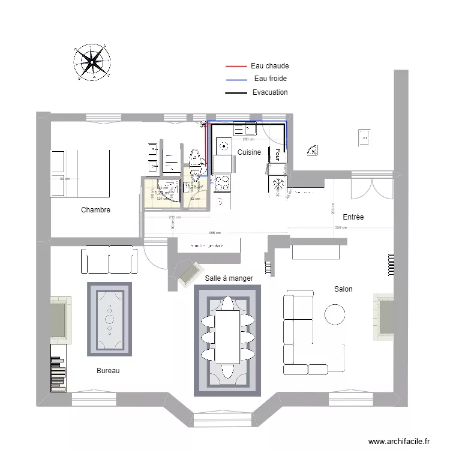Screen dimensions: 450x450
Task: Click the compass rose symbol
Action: click(92, 62)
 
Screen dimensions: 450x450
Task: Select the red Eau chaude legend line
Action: click(236, 66)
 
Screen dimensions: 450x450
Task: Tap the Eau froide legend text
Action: click(270, 79)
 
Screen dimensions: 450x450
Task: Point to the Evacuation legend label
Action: click(270, 92)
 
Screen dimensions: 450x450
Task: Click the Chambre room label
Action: click(95, 210)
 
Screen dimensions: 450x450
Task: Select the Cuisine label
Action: click(249, 152)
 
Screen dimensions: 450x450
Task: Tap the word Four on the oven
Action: click(278, 155)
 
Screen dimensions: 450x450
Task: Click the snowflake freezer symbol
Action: click(278, 184)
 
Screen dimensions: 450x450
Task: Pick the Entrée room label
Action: click(353, 217)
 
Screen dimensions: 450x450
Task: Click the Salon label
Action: click(343, 289)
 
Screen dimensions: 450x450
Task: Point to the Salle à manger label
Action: click(229, 278)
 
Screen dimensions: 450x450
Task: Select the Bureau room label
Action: click(108, 371)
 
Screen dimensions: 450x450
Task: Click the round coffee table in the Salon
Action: click(334, 314)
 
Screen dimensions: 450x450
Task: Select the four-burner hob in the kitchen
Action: click(222, 182)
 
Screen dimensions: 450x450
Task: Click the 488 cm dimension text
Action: click(214, 233)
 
